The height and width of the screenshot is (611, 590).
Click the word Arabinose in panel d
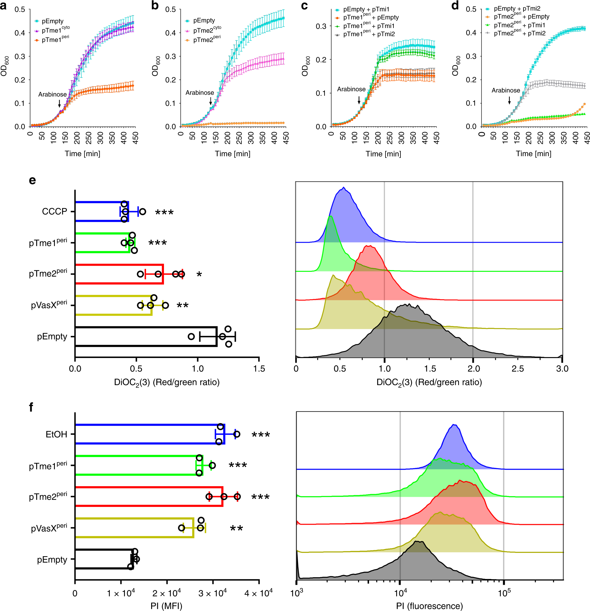click(506, 90)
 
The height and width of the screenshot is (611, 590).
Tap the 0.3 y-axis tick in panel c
click(321, 26)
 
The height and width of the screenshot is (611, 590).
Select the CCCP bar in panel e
click(102, 211)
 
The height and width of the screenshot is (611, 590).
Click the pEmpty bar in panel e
click(146, 336)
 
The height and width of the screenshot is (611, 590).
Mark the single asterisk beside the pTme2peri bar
click(199, 275)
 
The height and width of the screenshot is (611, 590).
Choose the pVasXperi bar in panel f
click(134, 528)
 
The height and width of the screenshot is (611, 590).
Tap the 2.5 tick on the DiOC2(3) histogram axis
click(517, 369)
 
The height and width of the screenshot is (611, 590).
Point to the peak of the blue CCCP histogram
click(343, 188)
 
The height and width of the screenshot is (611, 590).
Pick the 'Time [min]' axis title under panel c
click(383, 154)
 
